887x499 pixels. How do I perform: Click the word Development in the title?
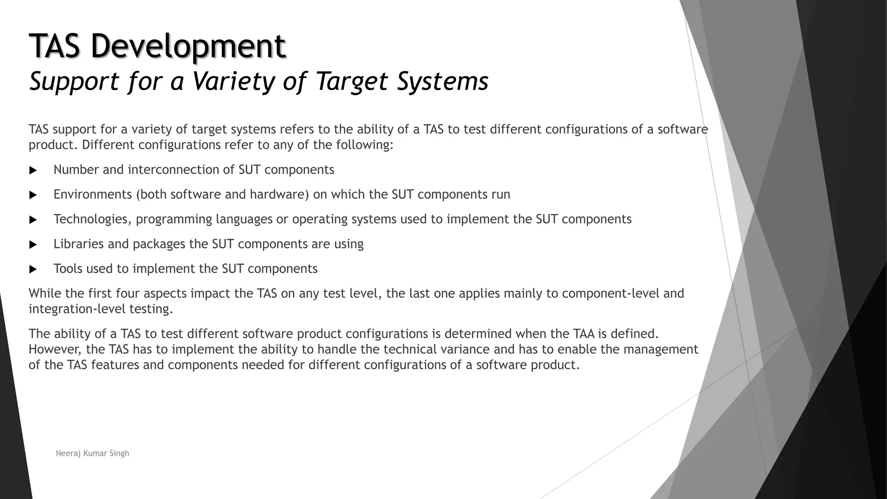[188, 46]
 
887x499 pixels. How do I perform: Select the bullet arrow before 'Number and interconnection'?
[33, 170]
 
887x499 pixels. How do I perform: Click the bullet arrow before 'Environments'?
[33, 195]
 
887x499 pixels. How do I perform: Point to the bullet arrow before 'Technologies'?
[33, 220]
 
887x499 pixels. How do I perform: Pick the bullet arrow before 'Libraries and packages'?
[33, 245]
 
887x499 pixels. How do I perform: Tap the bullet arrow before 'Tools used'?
[33, 269]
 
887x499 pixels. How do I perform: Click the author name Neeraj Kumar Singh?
[92, 453]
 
